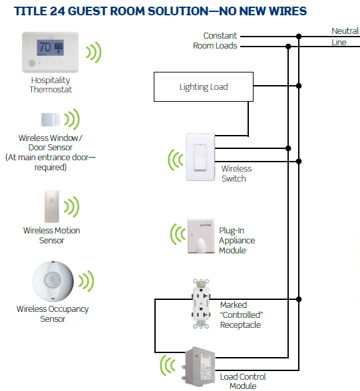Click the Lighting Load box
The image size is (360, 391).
click(204, 86)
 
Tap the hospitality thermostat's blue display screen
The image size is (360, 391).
click(50, 47)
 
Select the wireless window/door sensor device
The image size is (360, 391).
click(51, 120)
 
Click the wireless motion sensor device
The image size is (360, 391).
click(52, 206)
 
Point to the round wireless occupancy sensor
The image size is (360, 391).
click(53, 281)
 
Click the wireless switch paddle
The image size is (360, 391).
click(200, 157)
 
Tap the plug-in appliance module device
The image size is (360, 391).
click(201, 235)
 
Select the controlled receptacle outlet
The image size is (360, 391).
click(201, 304)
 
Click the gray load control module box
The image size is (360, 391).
click(199, 366)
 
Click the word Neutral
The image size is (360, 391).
click(345, 31)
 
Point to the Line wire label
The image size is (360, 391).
click(339, 42)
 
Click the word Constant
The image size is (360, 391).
click(220, 36)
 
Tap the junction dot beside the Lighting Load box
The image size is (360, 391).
click(299, 86)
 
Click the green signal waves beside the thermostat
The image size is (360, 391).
click(94, 53)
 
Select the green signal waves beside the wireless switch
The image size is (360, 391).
click(176, 160)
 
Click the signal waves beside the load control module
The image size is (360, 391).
click(168, 365)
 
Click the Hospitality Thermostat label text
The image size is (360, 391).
click(51, 85)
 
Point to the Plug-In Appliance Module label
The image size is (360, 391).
click(237, 241)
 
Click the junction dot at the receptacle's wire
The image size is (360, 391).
click(299, 299)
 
